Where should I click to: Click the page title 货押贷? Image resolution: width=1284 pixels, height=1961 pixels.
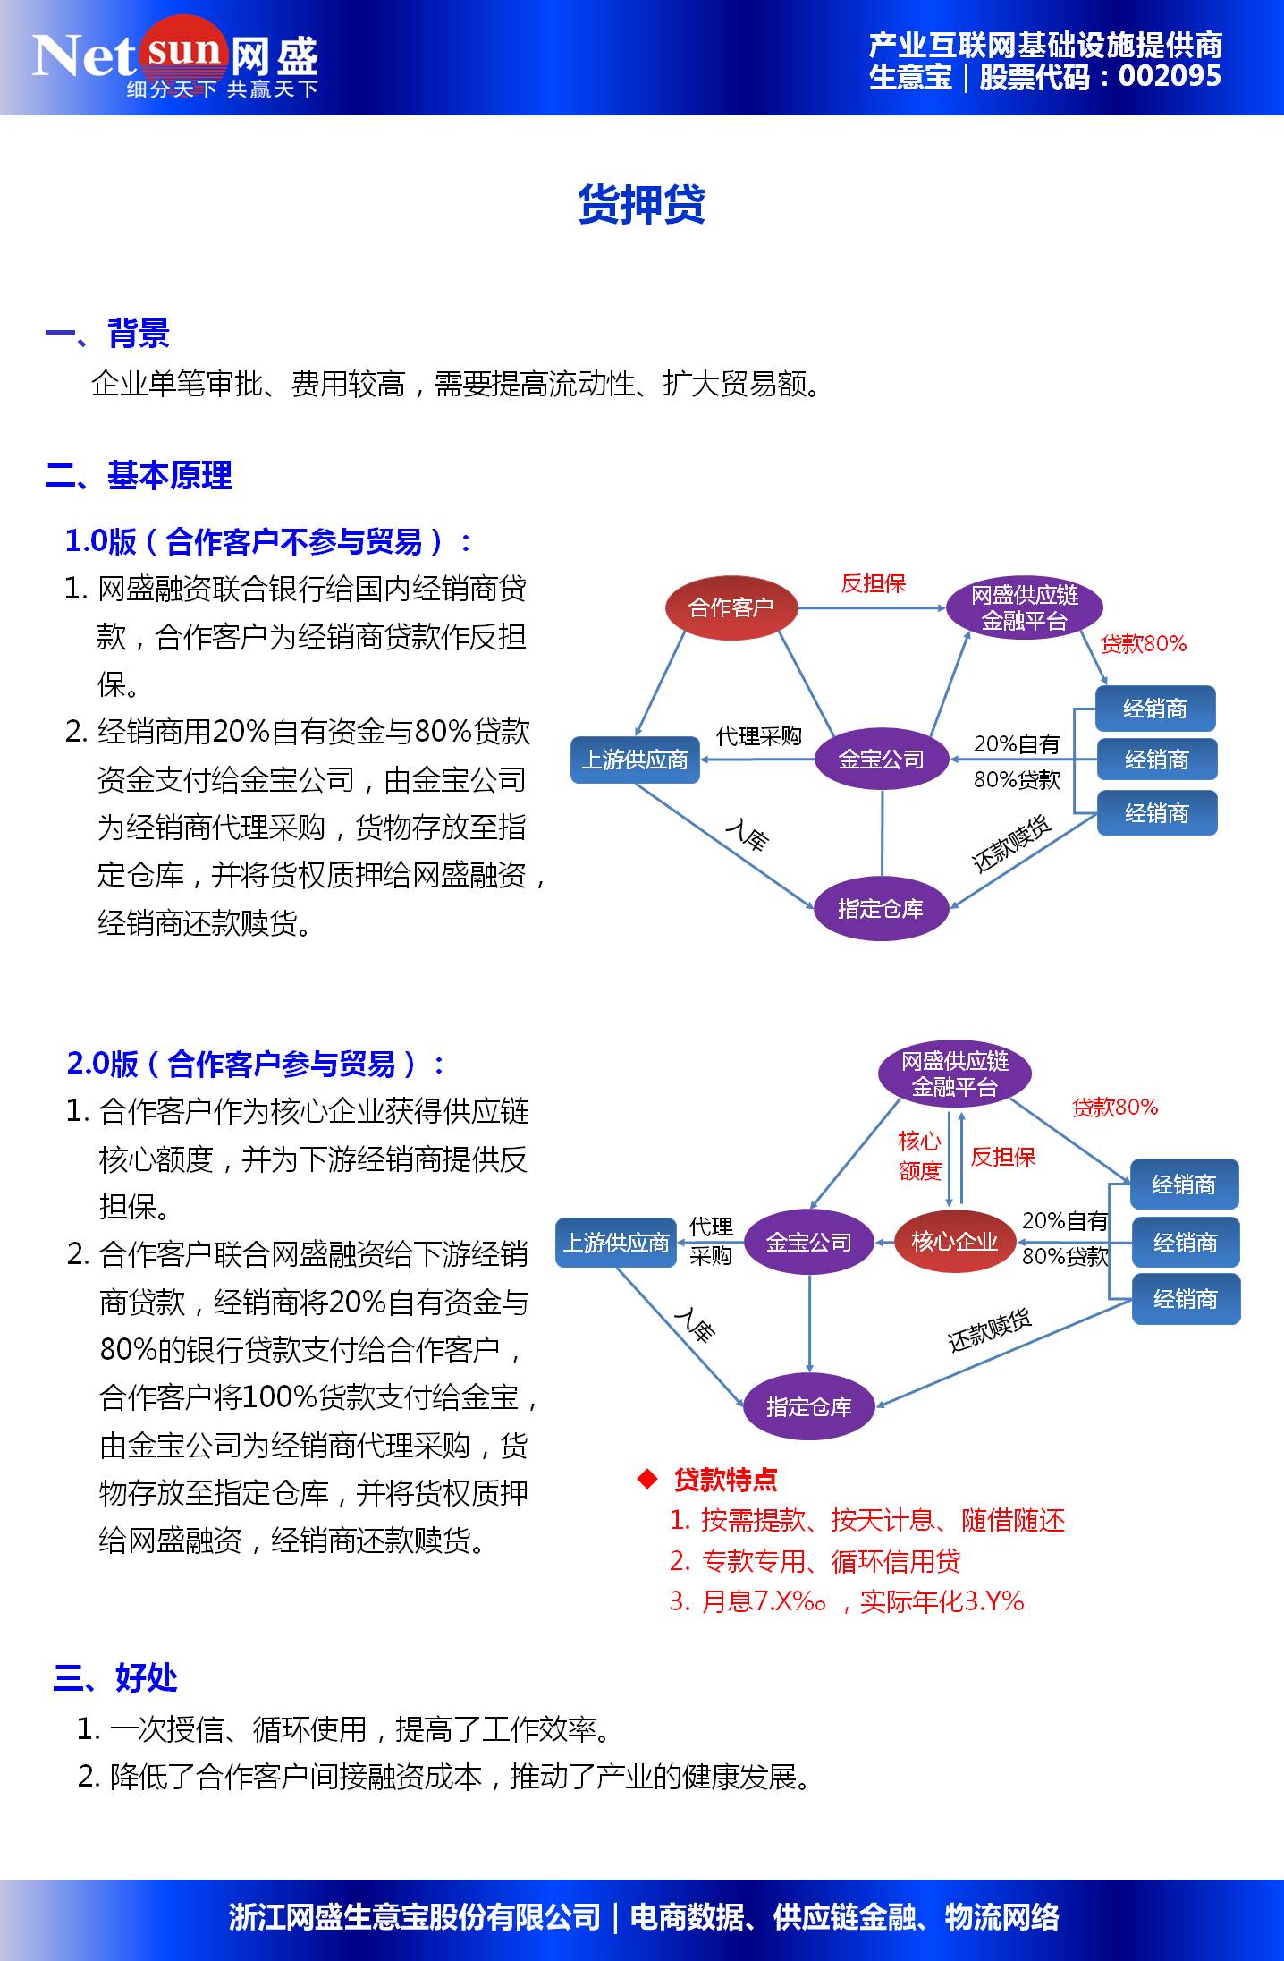pos(641,205)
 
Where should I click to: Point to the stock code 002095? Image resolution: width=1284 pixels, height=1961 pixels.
pos(1170,77)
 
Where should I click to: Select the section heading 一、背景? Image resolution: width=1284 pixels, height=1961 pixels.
pos(107,334)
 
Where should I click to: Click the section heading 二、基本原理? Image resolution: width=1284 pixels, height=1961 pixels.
pos(139,475)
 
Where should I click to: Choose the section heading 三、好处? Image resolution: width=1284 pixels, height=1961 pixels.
pos(115,1678)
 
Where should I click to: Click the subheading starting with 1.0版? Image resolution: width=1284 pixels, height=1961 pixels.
pos(268,541)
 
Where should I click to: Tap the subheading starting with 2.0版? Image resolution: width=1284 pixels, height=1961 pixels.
pos(256,1064)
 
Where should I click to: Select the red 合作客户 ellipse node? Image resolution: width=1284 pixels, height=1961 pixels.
pos(731,607)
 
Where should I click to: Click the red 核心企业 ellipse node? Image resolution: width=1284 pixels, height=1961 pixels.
pos(954,1242)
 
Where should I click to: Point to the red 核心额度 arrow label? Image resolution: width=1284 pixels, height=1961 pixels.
pos(919,1156)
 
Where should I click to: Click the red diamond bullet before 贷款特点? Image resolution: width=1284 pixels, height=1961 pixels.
pos(647,1479)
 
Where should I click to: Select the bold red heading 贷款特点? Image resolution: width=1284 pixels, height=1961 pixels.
pos(725,1480)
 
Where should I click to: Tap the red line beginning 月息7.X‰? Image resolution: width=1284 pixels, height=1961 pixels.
pos(847,1600)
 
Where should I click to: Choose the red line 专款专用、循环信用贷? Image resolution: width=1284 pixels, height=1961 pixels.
pos(815,1560)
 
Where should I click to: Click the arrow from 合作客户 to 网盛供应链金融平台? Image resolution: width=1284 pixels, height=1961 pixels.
pos(871,608)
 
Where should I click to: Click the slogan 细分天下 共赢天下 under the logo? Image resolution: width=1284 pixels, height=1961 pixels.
pos(222,89)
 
